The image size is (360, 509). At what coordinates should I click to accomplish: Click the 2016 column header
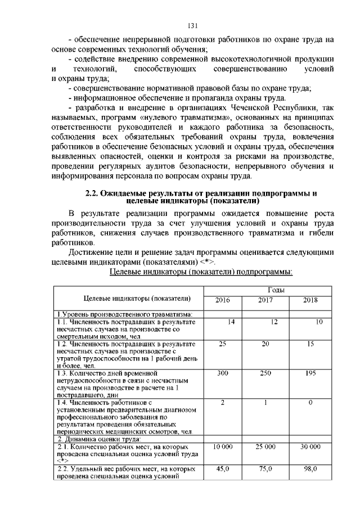tap(223, 300)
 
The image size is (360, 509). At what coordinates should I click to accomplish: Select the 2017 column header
tap(265, 300)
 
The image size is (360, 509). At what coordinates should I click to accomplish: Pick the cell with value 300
tap(223, 373)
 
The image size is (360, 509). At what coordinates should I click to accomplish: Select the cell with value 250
tap(265, 373)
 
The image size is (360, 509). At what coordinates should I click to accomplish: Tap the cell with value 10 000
tap(223, 446)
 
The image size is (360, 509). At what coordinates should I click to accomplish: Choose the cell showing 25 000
tap(265, 446)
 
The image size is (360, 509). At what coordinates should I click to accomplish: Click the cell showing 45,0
tap(223, 469)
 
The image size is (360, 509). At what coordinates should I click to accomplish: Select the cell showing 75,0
tap(265, 469)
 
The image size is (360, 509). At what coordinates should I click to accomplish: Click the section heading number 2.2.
tap(92, 194)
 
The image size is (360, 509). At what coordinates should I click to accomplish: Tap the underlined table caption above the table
tap(200, 272)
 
